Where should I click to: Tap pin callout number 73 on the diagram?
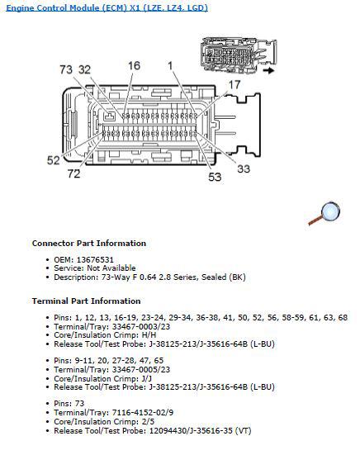(66, 70)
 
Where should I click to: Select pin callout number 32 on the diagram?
(84, 70)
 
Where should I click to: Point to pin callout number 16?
(133, 65)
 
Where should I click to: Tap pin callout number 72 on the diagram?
(74, 174)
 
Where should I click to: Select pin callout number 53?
(214, 176)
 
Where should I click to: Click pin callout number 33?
(243, 170)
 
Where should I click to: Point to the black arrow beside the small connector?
(269, 71)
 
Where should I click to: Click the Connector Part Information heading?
(89, 244)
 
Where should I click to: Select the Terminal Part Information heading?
(86, 301)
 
